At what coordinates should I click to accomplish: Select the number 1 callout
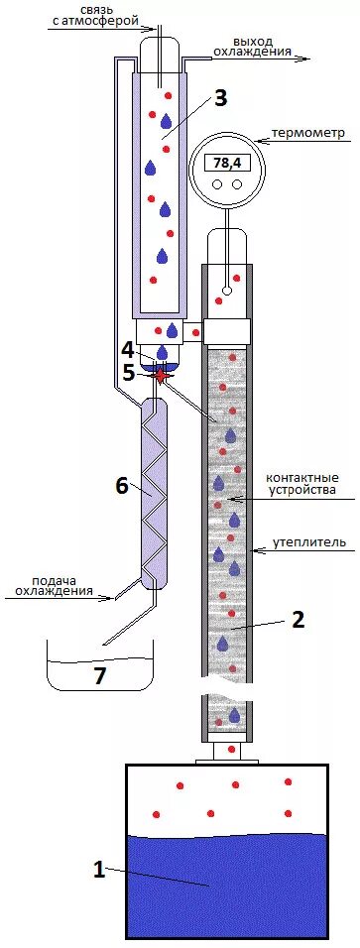coord(98,870)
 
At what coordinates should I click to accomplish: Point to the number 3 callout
coord(220,97)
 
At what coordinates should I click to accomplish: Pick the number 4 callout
coord(127,349)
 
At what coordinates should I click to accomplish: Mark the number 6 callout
coord(122,485)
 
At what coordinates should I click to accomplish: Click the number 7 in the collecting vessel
coord(98,675)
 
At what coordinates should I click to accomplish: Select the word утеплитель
coord(309,542)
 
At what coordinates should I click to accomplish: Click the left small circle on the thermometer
coord(218,184)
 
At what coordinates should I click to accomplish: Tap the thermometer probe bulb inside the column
coord(227,291)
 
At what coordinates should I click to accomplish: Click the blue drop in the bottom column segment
coord(234,715)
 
